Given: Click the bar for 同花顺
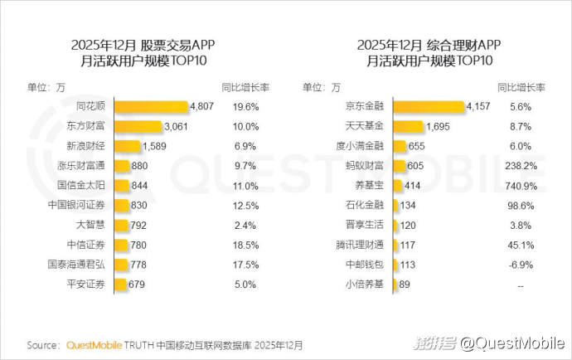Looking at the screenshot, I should (151, 107).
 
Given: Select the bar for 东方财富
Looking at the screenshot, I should (138, 127).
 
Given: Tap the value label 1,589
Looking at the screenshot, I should (155, 146).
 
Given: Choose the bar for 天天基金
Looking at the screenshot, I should (408, 127).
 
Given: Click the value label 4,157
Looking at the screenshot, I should (479, 107).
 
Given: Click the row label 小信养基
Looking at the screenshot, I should (366, 285).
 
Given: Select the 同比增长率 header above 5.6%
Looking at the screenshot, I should (521, 86).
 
